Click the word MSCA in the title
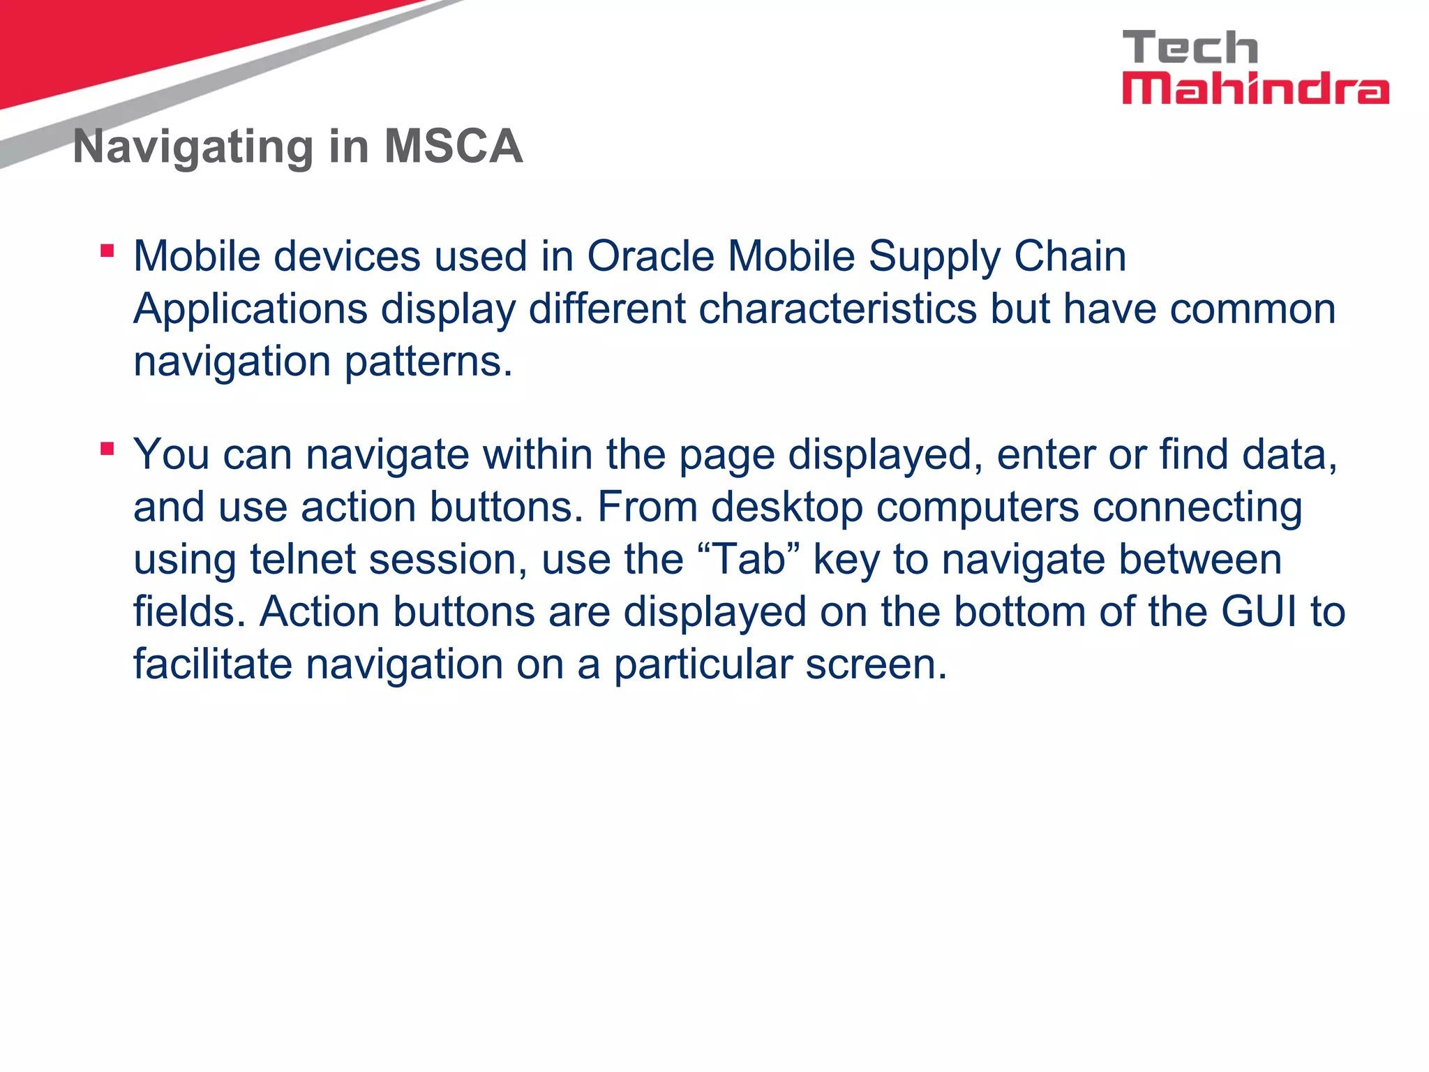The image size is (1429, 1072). click(454, 147)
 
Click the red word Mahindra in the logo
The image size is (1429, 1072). click(1255, 89)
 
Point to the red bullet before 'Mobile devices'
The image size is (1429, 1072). click(107, 251)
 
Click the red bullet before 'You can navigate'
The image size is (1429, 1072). click(107, 448)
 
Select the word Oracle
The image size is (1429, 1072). click(650, 256)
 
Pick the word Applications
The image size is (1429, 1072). click(250, 309)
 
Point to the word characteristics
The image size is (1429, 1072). click(837, 308)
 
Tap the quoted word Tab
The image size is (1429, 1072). click(749, 560)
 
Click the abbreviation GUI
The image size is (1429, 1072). click(1261, 611)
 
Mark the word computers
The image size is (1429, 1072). click(977, 507)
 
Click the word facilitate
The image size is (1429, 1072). click(213, 664)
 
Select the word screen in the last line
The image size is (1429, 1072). click(876, 665)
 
